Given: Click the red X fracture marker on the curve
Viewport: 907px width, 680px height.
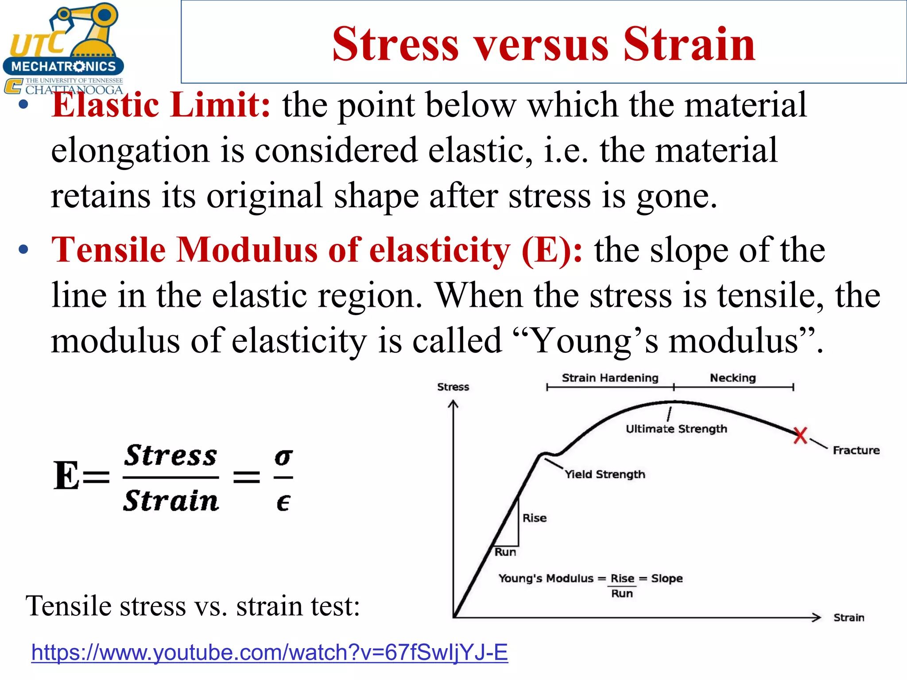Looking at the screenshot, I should [x=800, y=436].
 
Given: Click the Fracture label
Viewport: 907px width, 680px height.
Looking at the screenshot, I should [x=856, y=450].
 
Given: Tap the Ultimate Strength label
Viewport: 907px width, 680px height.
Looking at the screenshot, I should [x=676, y=429].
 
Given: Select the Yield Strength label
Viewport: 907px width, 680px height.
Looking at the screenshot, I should [x=605, y=474].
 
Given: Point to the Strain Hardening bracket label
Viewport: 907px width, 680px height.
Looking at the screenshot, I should [x=610, y=378].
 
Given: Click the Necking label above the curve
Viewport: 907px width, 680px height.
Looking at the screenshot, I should [x=733, y=378].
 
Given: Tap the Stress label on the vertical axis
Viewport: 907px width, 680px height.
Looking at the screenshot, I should [x=453, y=387].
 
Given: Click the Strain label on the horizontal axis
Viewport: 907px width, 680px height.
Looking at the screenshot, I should [x=849, y=618].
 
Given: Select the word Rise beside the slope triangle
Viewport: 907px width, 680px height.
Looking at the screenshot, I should [x=534, y=518].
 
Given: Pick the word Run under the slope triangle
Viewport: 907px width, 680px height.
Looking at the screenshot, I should [x=505, y=552].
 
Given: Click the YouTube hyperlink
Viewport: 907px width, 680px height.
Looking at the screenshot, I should [x=269, y=652].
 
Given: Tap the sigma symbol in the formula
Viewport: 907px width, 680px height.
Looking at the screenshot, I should [x=283, y=456].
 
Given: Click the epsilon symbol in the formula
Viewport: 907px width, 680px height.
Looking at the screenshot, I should [x=283, y=502].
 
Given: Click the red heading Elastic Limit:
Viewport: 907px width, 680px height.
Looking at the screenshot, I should [x=160, y=105].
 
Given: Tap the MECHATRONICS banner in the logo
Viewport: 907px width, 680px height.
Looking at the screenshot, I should [x=63, y=66].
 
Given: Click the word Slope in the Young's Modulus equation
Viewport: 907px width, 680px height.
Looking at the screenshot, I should [x=667, y=578].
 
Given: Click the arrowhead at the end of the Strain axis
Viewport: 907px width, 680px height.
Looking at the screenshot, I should [x=816, y=617].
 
